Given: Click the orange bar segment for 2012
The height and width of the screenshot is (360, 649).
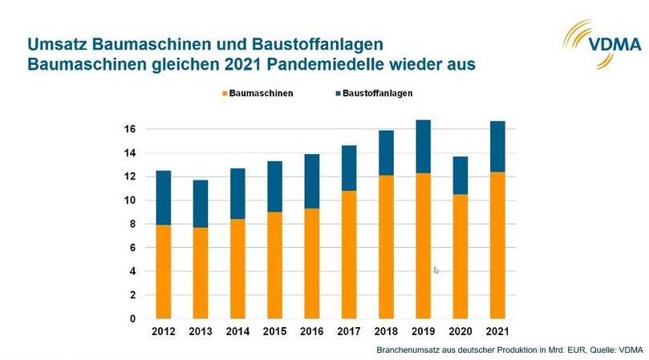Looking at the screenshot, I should point(163,271).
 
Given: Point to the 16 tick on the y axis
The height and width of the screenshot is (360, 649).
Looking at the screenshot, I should point(129,129).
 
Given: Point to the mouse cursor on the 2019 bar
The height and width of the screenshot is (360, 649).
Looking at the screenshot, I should point(436,270).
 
